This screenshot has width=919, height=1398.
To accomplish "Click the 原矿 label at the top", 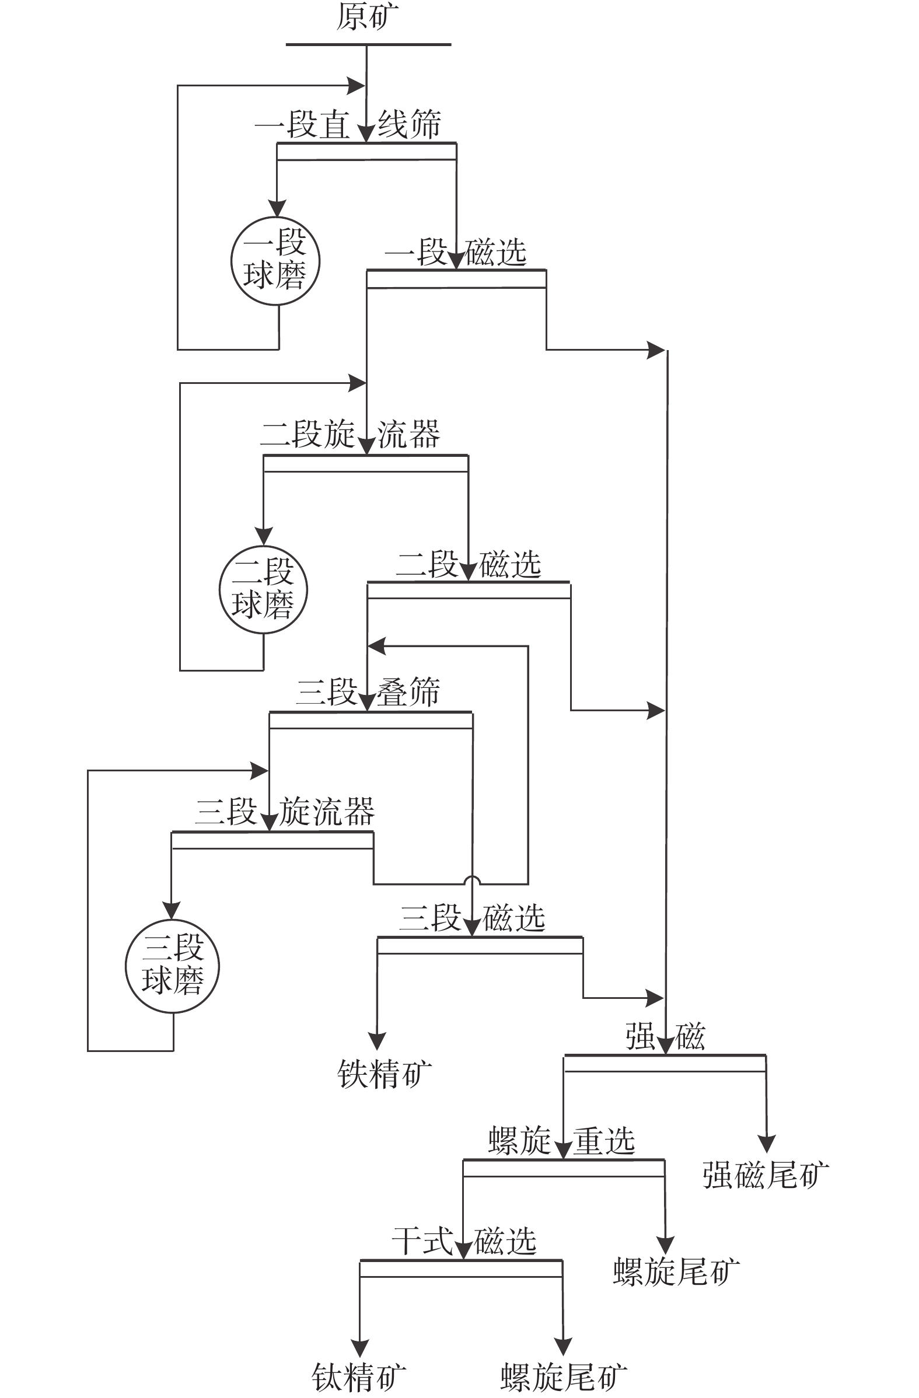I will (x=367, y=16).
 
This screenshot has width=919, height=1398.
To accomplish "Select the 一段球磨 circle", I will (x=275, y=261).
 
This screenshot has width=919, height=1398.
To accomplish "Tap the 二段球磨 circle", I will (x=263, y=589).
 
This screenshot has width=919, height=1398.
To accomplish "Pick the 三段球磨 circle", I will (x=173, y=966).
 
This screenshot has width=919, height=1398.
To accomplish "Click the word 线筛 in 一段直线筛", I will (x=409, y=124).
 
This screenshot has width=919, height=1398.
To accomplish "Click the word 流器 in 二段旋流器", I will (x=408, y=435).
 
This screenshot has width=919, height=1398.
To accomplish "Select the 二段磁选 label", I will (x=469, y=564).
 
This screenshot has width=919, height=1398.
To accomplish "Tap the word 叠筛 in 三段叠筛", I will (x=408, y=692).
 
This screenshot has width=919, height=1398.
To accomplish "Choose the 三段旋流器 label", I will (x=285, y=812).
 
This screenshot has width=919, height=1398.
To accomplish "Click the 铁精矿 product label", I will (x=385, y=1074).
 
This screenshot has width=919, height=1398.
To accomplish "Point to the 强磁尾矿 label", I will (x=766, y=1175).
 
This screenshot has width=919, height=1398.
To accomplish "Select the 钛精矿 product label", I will (x=358, y=1378).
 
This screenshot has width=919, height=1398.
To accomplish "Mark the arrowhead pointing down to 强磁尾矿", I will (x=766, y=1143).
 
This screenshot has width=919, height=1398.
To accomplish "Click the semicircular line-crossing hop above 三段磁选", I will (x=473, y=880).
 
